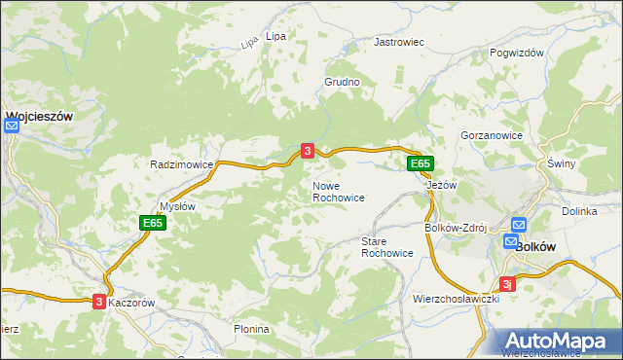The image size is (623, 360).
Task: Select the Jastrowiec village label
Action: click(400, 43)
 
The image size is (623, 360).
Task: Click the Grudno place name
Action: click(343, 83)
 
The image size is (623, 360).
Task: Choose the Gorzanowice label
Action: click(492, 136)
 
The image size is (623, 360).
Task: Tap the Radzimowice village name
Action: click(181, 164)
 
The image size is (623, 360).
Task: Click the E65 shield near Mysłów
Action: click(152, 223)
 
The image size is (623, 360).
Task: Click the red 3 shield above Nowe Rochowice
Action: click(308, 151)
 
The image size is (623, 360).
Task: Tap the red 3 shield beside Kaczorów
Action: click(99, 303)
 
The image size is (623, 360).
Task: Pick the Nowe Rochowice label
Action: click(339, 191)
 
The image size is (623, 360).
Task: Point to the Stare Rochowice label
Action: click(387, 246)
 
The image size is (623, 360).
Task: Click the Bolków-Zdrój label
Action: click(454, 228)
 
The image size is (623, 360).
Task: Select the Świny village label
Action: click(562, 163)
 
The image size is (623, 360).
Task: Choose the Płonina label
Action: click(251, 329)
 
